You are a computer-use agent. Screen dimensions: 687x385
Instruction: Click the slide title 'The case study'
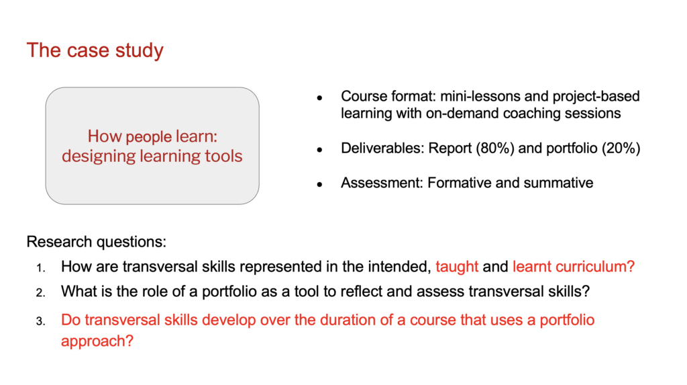(95, 50)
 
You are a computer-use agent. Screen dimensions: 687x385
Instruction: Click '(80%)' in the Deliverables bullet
(495, 148)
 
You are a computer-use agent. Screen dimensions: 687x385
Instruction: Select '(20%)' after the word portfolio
(621, 148)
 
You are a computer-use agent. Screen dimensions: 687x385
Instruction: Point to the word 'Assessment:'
(382, 183)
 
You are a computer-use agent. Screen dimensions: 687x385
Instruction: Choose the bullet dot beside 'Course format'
(320, 98)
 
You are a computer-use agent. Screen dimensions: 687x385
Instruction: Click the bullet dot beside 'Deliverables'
(320, 150)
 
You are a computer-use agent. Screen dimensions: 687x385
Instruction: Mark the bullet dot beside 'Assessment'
(320, 184)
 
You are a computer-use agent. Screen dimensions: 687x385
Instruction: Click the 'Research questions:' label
(97, 242)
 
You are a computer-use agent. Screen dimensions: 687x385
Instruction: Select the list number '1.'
(41, 268)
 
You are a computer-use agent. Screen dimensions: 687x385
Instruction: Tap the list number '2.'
(41, 293)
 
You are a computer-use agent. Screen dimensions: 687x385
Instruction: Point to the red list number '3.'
(41, 321)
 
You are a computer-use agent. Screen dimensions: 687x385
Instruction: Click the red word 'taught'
(457, 267)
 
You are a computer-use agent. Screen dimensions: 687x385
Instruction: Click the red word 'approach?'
(97, 341)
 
